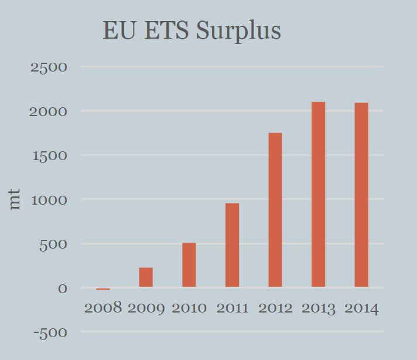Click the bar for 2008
(103, 289)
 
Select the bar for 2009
(146, 277)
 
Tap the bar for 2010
(189, 265)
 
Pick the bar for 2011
(232, 245)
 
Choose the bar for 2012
(275, 210)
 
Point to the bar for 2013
(318, 195)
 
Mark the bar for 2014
(361, 195)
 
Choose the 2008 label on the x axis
(103, 308)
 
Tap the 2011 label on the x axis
(233, 308)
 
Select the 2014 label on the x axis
(361, 308)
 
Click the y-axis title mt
(15, 199)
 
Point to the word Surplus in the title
(238, 30)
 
